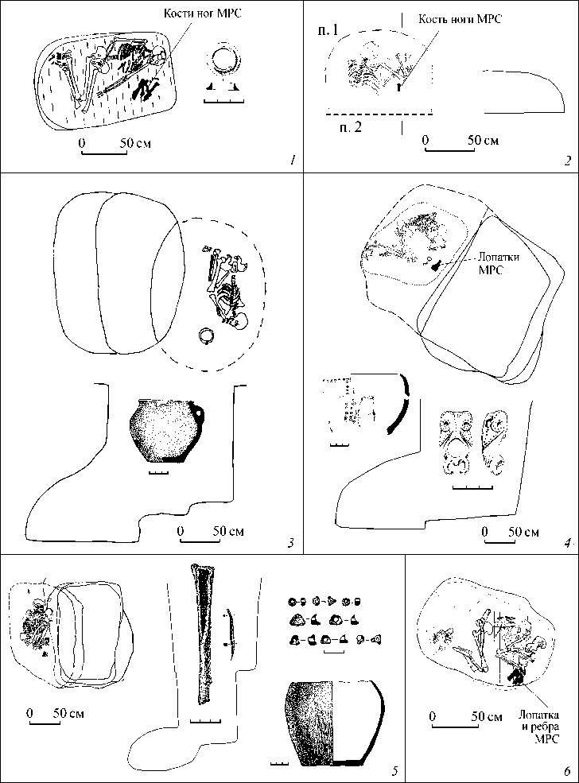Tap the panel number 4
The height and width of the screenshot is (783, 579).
[566, 544]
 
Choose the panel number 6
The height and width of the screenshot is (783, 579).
[566, 769]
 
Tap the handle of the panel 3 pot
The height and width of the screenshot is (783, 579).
[200, 415]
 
